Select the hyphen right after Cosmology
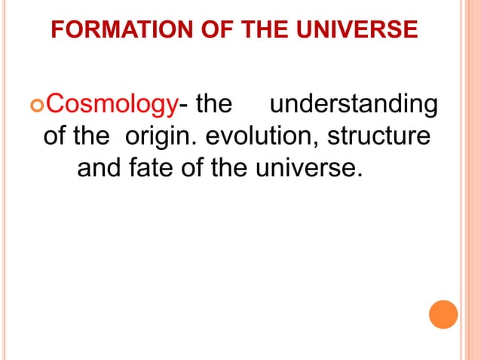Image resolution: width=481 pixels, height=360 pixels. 183,105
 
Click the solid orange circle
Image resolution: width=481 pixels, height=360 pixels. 443,314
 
